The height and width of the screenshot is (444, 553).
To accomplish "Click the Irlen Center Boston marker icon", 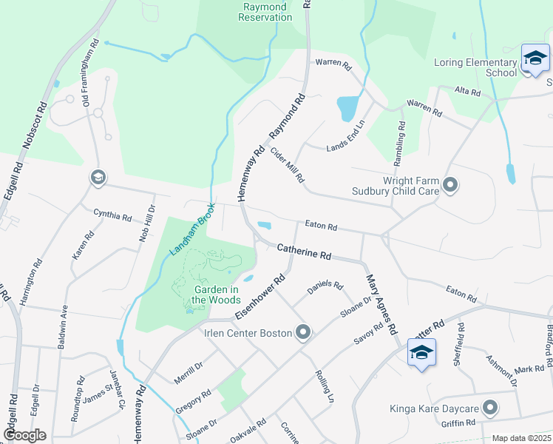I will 302,333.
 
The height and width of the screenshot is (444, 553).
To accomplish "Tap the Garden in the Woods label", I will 216,295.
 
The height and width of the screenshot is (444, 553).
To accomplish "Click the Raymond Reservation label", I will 265,12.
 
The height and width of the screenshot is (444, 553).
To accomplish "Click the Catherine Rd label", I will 304,252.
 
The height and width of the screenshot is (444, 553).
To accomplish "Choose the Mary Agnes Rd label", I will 381,303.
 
